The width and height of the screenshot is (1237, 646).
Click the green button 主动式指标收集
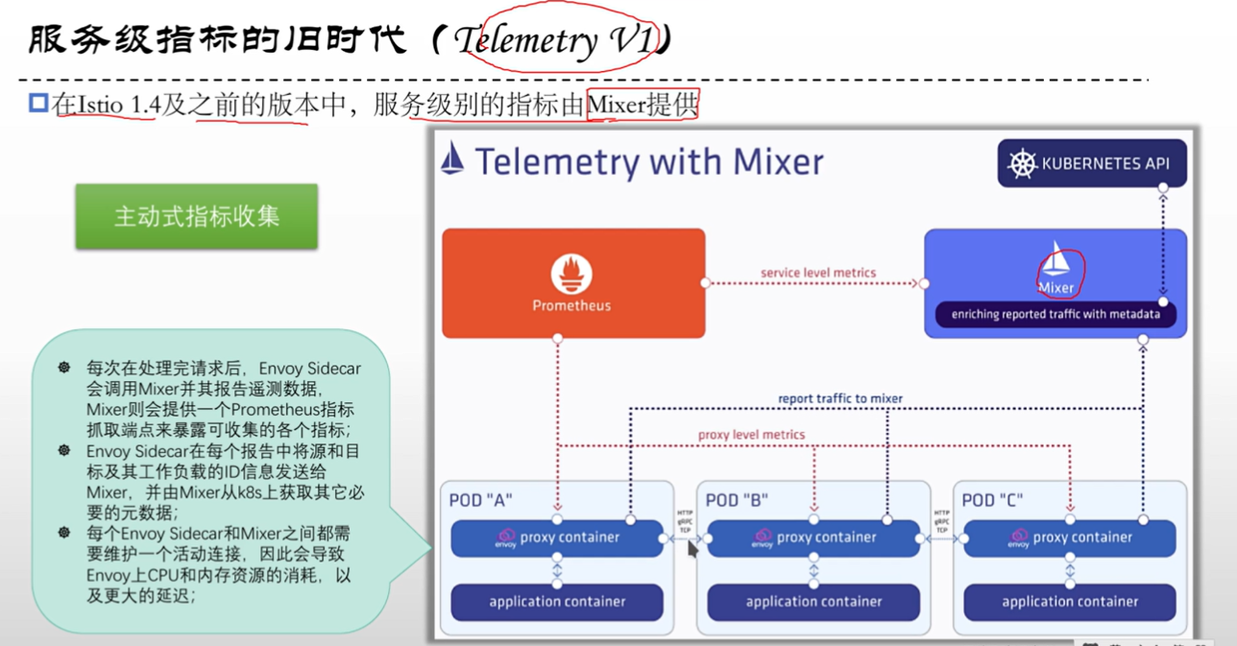(197, 216)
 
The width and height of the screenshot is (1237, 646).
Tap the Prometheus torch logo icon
(571, 274)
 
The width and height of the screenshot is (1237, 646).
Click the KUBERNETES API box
(1091, 163)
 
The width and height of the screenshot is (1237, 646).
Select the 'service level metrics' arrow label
(818, 273)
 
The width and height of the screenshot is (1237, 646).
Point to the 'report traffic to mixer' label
(840, 398)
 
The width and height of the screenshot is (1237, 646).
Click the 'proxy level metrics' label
(751, 435)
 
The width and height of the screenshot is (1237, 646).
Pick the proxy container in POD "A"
(557, 538)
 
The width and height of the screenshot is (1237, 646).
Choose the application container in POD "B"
(813, 602)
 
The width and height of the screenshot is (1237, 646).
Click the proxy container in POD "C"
(1070, 538)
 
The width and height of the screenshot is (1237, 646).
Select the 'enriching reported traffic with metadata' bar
(1055, 314)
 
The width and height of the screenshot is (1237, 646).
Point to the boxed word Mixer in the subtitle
(616, 105)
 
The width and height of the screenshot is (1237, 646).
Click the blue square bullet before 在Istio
(38, 103)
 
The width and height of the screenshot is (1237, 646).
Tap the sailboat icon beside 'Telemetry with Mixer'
(452, 159)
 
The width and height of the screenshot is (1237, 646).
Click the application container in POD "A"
(557, 602)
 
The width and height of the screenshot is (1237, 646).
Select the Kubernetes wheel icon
(1022, 163)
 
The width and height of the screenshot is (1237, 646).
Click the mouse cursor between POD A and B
(692, 550)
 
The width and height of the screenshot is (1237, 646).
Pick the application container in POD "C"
(1070, 602)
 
